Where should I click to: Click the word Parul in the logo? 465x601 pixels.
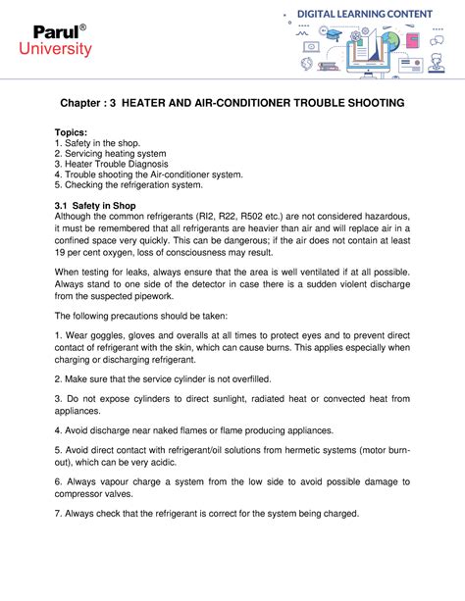pos(51,32)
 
